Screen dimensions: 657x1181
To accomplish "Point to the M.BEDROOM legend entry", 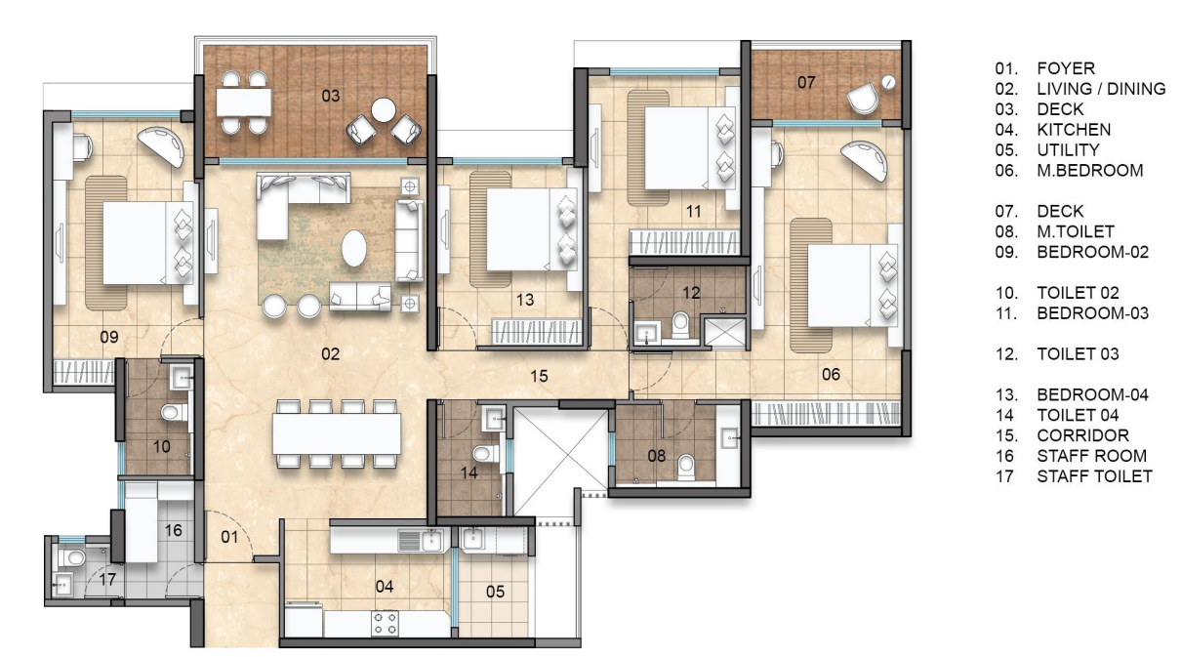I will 1089,170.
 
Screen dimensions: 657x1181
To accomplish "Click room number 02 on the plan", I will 331,354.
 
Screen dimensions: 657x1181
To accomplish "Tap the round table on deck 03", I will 383,109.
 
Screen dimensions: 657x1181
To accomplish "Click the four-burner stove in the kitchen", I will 385,624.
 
